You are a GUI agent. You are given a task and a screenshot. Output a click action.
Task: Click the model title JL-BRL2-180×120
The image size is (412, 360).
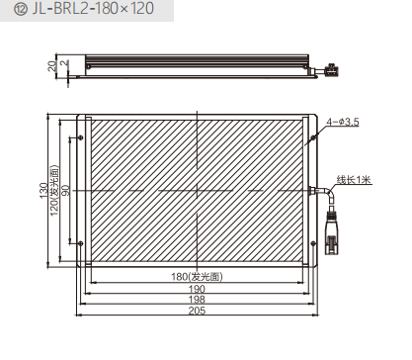point(93,8)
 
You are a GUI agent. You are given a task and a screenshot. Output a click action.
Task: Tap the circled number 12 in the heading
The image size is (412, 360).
point(21,9)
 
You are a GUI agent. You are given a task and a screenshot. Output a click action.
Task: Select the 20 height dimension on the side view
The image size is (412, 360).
point(52,66)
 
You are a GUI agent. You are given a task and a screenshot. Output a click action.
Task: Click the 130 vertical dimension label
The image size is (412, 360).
point(43,191)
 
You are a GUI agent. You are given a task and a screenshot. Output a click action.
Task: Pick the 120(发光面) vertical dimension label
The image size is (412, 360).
point(54,190)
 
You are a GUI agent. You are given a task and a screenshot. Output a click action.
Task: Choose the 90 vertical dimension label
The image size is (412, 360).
point(66,190)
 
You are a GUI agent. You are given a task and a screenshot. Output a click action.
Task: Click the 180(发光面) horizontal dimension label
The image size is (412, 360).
point(197,276)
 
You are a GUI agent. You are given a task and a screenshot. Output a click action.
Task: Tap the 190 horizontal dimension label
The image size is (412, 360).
point(197,289)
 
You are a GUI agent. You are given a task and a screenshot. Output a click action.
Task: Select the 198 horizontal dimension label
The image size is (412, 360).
point(197,300)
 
